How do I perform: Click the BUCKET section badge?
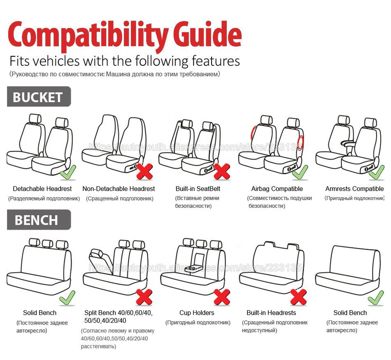tap(38, 97)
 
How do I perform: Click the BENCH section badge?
tap(38, 220)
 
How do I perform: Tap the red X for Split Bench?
tap(144, 296)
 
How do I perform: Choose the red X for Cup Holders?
tap(222, 296)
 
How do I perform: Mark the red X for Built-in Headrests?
tap(298, 296)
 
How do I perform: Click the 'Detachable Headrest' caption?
tap(42, 189)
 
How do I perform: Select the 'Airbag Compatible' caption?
tap(277, 189)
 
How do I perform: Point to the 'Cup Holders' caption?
tap(197, 313)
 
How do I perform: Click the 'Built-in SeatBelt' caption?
tap(198, 189)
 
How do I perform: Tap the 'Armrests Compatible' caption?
tap(354, 189)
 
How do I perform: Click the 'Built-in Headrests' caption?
tap(271, 313)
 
